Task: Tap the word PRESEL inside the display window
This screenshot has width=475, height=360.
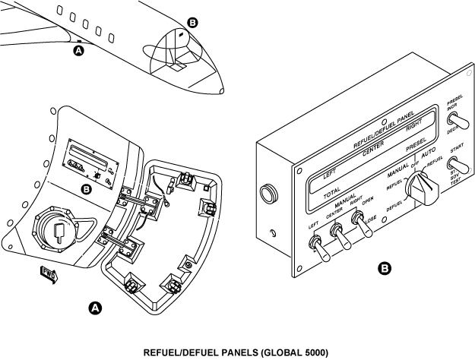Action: pyautogui.click(x=418, y=143)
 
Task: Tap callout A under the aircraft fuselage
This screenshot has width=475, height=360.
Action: pyautogui.click(x=78, y=51)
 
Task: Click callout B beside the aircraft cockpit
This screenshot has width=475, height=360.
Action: pyautogui.click(x=192, y=24)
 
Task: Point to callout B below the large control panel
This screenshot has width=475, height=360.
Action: pyautogui.click(x=385, y=268)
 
